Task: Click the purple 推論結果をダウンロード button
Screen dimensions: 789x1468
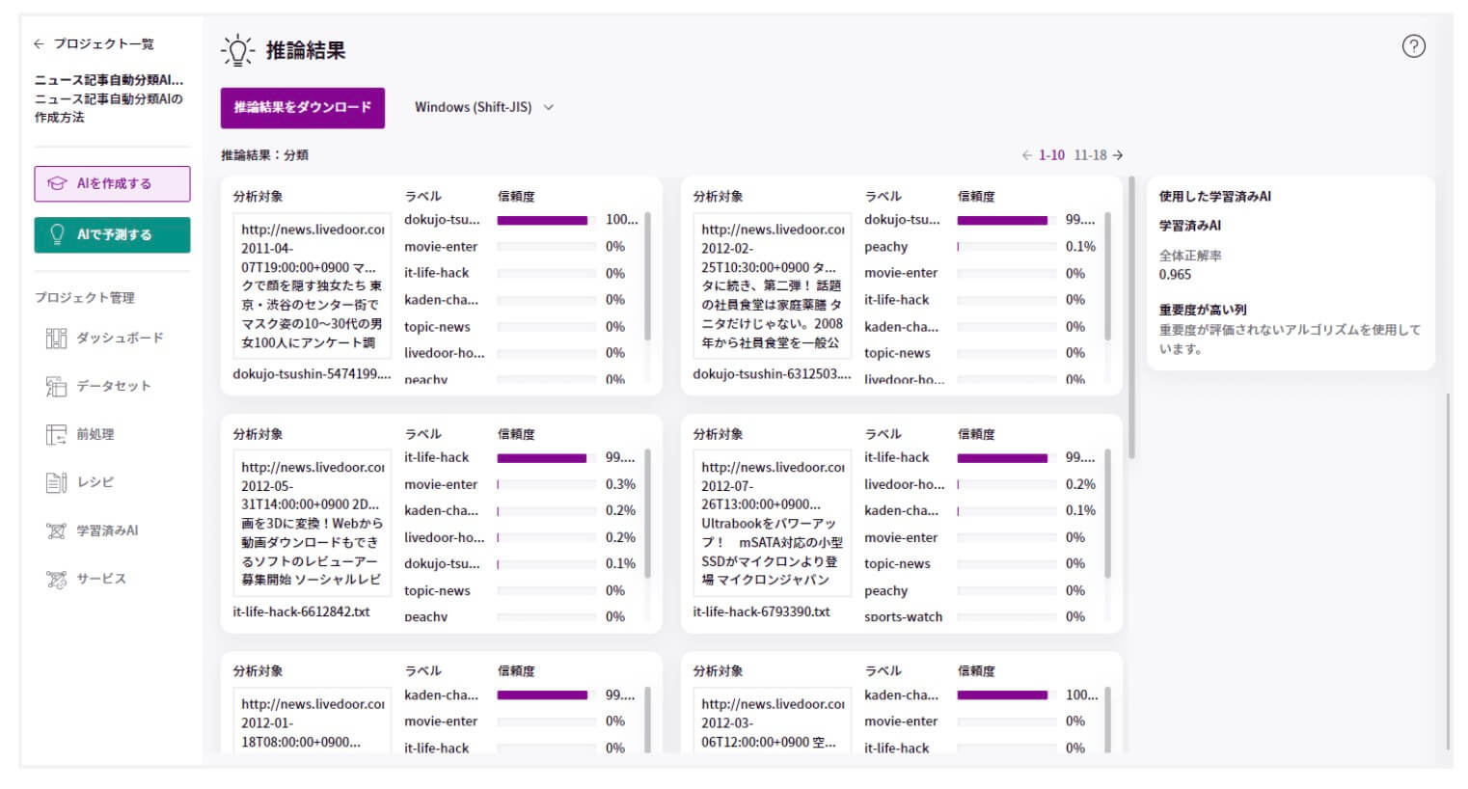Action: point(302,108)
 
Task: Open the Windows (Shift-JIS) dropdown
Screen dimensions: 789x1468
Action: point(483,107)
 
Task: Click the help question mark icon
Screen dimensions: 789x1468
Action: point(1413,46)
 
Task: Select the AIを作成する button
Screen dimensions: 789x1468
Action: point(112,183)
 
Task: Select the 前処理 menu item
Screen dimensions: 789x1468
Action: point(95,434)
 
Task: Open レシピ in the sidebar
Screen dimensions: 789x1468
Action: point(95,482)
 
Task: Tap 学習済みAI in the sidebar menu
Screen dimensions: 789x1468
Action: point(106,531)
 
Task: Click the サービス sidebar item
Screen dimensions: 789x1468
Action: point(100,579)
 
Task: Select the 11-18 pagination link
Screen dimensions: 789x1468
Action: point(1091,155)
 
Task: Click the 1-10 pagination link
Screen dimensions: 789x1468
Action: point(1051,155)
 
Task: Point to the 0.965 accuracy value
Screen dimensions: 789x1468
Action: point(1175,275)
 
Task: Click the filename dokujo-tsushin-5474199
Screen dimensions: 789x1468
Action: point(311,374)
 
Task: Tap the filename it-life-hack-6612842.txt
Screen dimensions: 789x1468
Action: point(301,612)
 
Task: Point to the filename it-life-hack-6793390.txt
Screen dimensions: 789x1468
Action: point(761,612)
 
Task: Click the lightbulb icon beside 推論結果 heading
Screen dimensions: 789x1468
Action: point(236,50)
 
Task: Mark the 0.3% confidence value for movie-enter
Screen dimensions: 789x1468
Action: point(620,484)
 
